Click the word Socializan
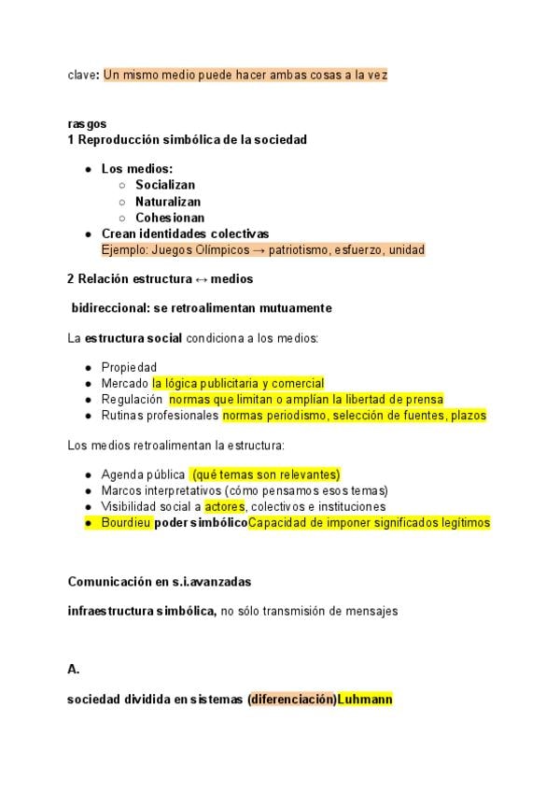(x=165, y=185)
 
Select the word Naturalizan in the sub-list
(x=168, y=201)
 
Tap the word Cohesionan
(x=170, y=218)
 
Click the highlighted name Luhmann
(x=365, y=699)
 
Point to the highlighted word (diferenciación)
(x=292, y=699)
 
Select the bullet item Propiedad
(x=129, y=367)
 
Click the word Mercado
(x=125, y=383)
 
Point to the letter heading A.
(x=74, y=669)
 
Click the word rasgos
(x=87, y=123)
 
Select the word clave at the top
(x=82, y=75)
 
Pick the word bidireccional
(x=112, y=307)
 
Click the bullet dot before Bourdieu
(x=88, y=523)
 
